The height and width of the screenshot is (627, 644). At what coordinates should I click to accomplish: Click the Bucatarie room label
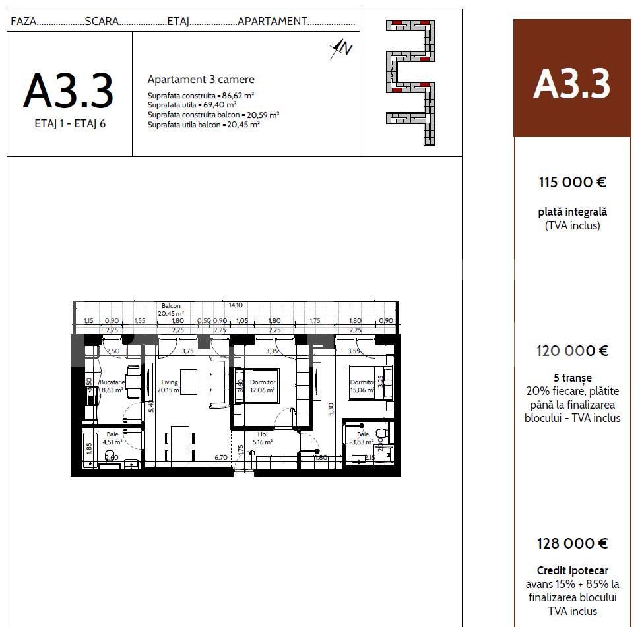click(x=112, y=382)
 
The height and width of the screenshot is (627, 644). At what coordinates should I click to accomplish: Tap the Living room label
click(x=169, y=382)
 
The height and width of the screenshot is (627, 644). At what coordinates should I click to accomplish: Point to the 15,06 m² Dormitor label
click(x=362, y=382)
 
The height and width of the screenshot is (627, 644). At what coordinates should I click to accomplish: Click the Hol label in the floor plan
click(x=262, y=434)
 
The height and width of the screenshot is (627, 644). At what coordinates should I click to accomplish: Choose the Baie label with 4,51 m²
click(x=112, y=434)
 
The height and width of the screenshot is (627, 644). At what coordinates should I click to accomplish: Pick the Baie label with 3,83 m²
click(x=363, y=434)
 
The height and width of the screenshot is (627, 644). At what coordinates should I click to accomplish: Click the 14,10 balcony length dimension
click(x=235, y=305)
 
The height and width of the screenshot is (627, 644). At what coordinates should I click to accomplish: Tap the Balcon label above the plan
click(x=171, y=306)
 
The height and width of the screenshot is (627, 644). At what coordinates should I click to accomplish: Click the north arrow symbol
click(x=342, y=48)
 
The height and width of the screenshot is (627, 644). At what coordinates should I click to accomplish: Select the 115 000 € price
click(x=572, y=183)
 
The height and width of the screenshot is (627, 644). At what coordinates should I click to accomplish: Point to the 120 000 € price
click(x=572, y=351)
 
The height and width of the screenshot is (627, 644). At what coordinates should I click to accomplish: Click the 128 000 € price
click(x=572, y=543)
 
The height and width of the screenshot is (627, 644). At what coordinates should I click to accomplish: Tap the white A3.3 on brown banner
click(x=572, y=84)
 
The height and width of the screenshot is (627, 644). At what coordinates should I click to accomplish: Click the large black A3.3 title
click(x=69, y=91)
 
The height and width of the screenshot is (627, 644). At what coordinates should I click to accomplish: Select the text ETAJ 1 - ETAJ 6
click(x=70, y=123)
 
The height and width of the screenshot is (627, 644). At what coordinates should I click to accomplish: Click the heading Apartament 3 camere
click(x=201, y=80)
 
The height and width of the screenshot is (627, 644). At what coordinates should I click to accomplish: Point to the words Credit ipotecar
click(x=572, y=570)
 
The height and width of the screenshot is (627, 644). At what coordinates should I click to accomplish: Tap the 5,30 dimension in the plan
click(x=331, y=410)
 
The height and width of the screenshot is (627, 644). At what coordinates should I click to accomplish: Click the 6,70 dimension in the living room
click(x=220, y=457)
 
